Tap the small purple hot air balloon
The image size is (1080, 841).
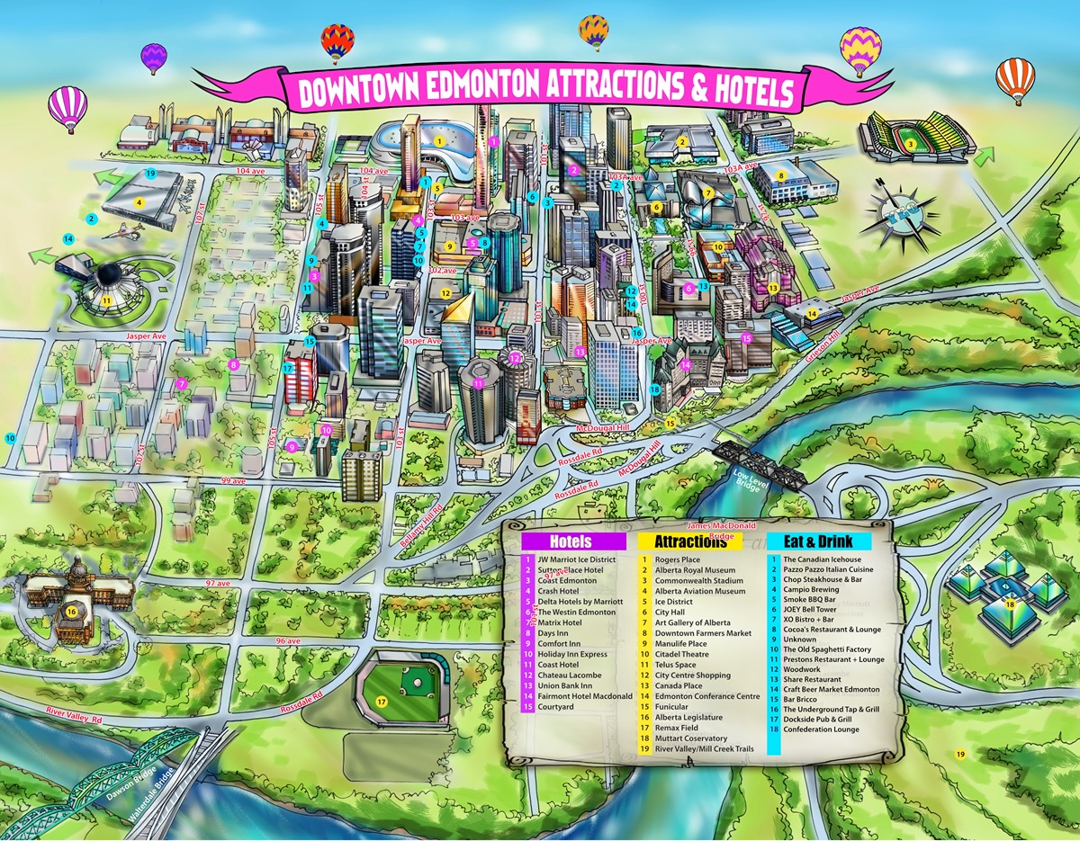tap(154, 57)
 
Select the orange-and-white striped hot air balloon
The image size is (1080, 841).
tap(1015, 78)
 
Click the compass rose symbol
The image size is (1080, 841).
tap(898, 219)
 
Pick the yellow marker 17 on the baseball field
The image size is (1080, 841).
tap(382, 702)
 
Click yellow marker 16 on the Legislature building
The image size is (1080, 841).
tap(71, 613)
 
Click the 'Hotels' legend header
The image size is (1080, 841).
tap(574, 541)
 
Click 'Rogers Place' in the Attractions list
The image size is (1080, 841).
tap(678, 559)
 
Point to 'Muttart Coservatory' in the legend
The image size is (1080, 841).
tap(691, 738)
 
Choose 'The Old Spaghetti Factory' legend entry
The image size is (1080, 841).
tap(827, 649)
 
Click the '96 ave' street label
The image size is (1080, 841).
tap(287, 640)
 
